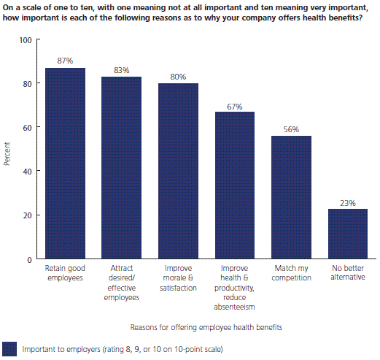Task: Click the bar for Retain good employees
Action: tap(65, 163)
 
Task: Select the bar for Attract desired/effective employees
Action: tap(121, 167)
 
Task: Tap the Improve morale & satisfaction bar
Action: tap(178, 171)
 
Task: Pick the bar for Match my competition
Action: tap(291, 197)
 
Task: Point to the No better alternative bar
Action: tap(348, 234)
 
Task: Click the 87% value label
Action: tap(65, 61)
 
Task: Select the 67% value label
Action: tap(235, 107)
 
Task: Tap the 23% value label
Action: tap(348, 203)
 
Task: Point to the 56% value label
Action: tap(291, 129)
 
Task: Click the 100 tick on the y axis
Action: tap(26, 40)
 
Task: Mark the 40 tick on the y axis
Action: tap(28, 172)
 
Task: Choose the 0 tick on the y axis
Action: tap(29, 260)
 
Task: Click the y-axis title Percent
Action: tap(7, 154)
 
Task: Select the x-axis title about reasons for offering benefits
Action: tap(206, 327)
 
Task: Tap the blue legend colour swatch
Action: tap(9, 349)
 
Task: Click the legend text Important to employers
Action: tap(61, 349)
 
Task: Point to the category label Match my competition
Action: tap(291, 273)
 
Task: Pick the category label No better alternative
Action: tap(348, 272)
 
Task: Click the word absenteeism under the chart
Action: tap(234, 307)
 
